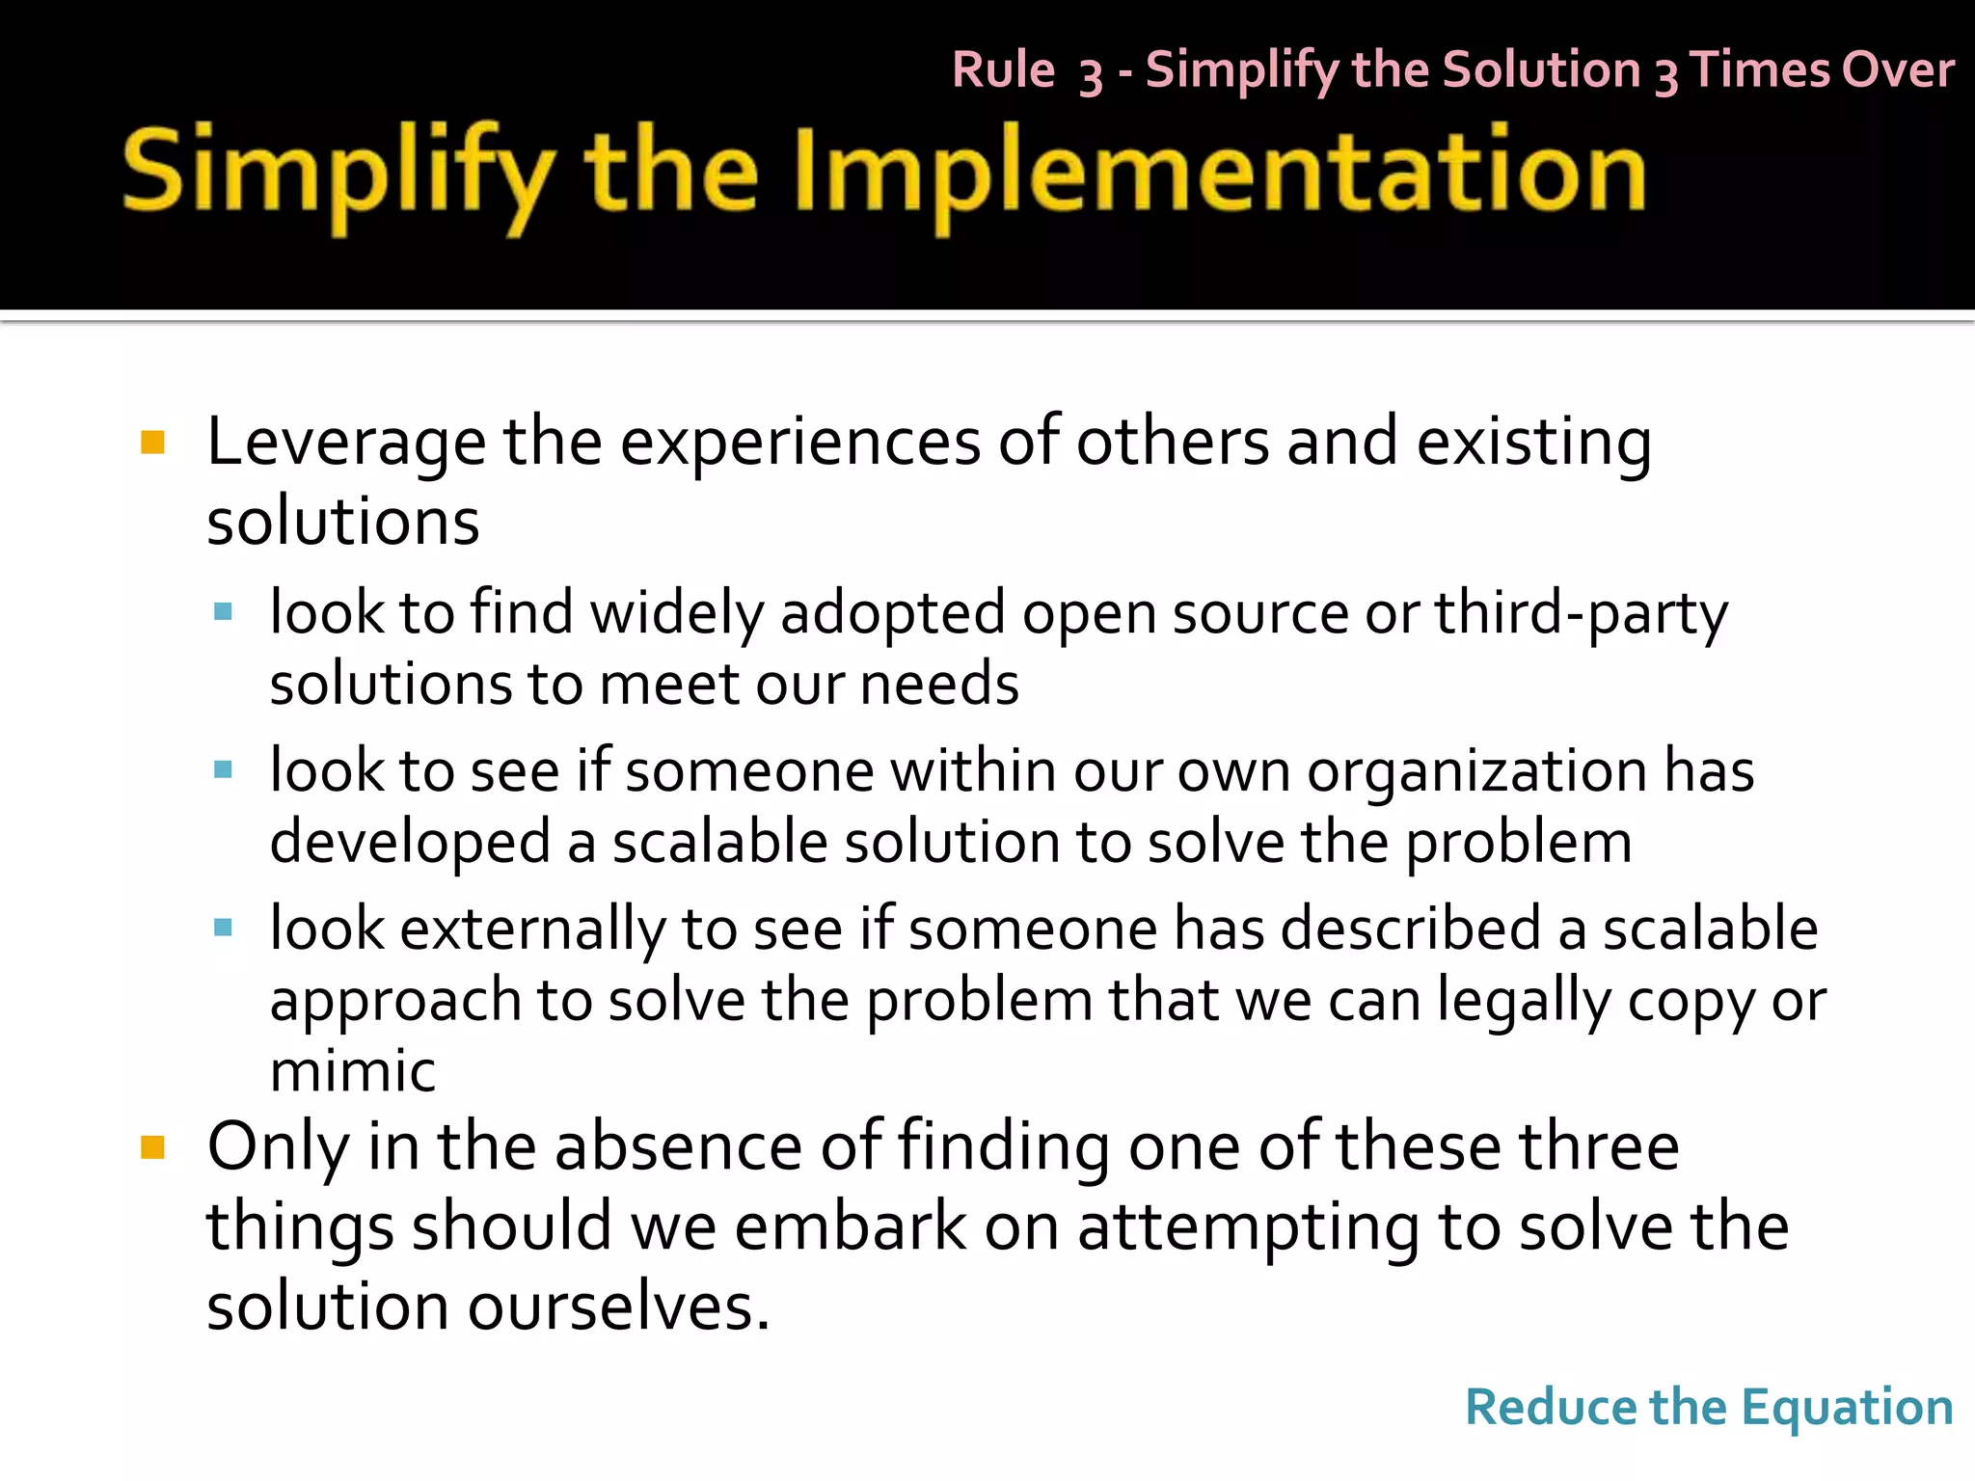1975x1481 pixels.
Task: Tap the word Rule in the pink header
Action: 1004,70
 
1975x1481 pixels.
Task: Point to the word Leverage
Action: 346,444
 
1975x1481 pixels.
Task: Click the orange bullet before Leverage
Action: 152,443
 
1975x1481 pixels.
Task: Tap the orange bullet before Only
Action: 152,1146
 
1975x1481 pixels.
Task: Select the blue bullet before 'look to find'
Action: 224,611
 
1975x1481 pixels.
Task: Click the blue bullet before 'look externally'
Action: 224,929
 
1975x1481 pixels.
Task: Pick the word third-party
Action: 1582,614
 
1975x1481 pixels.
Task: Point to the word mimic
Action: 353,1071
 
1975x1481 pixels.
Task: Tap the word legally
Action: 1524,1002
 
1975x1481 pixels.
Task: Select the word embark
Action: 851,1226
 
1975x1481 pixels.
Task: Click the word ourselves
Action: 618,1307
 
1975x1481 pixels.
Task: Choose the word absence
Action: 679,1146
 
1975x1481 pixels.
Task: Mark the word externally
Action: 532,930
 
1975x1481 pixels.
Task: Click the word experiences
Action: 799,444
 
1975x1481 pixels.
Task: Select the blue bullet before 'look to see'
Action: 224,769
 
